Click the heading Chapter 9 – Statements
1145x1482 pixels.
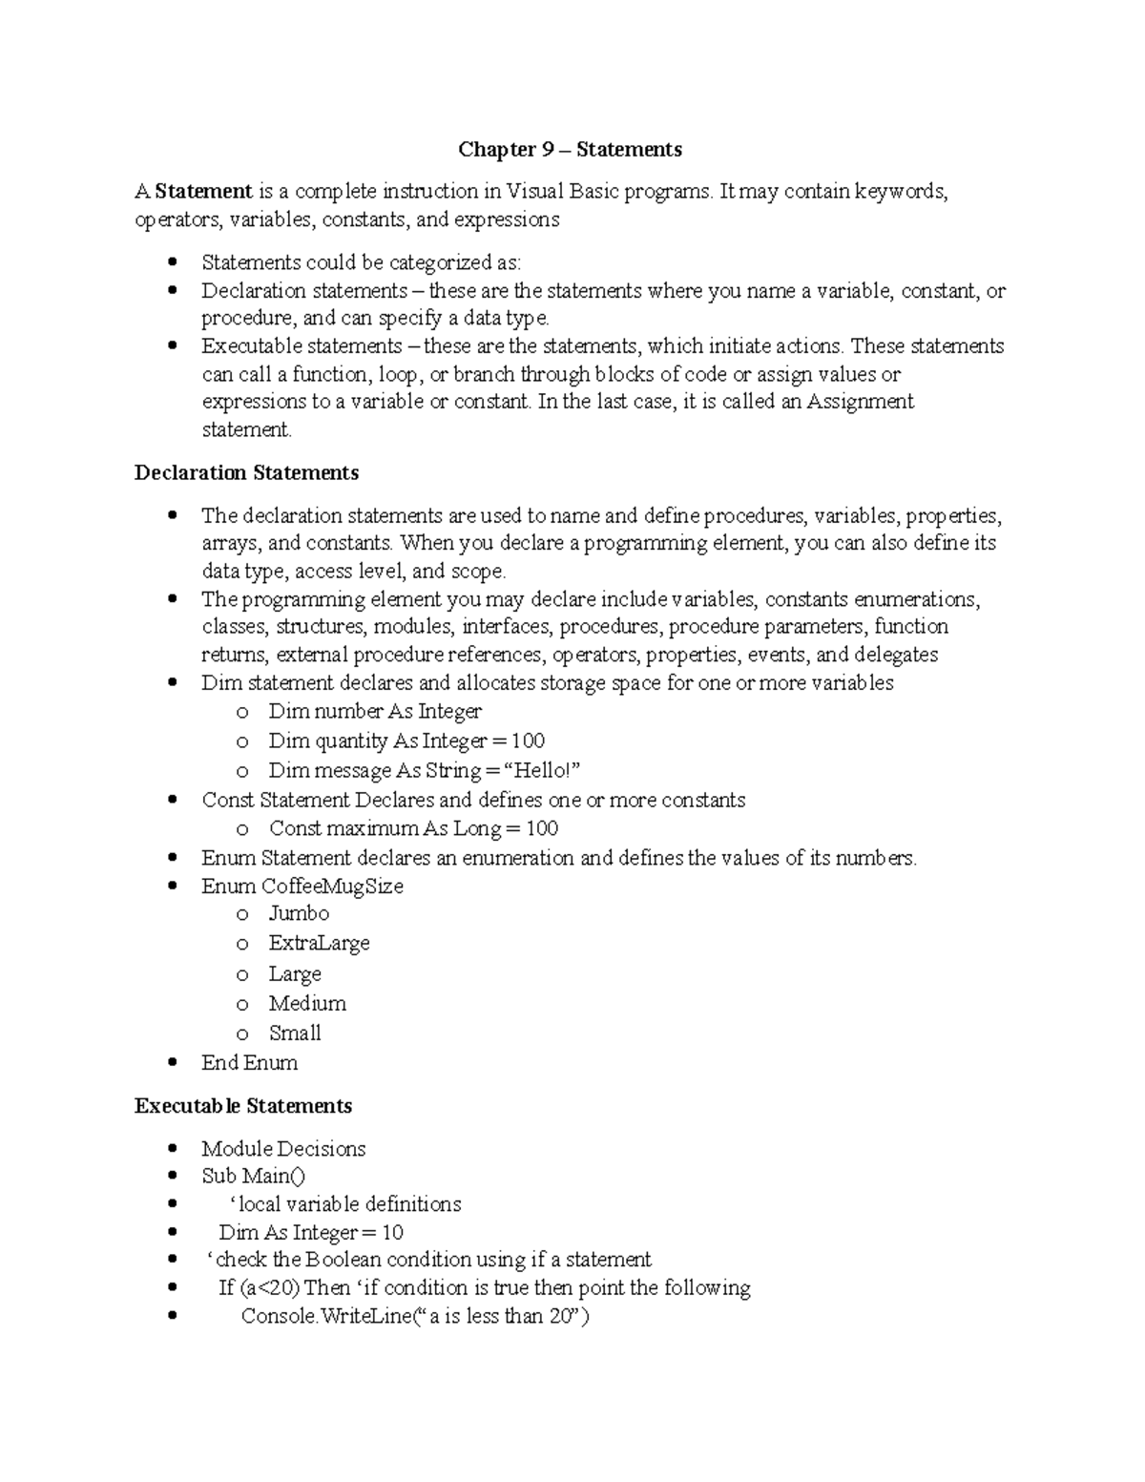pyautogui.click(x=570, y=149)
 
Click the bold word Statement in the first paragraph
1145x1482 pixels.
pyautogui.click(x=203, y=191)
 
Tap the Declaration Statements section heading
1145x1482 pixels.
pyautogui.click(x=246, y=472)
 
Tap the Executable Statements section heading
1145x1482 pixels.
pyautogui.click(x=243, y=1105)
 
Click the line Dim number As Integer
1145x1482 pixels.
pyautogui.click(x=375, y=711)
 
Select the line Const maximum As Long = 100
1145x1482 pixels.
pyautogui.click(x=413, y=828)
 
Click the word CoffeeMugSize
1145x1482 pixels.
pyautogui.click(x=332, y=886)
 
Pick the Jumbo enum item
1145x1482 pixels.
pyautogui.click(x=299, y=913)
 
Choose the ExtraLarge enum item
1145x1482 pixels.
pyautogui.click(x=319, y=943)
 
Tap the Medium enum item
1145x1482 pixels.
pyautogui.click(x=307, y=1003)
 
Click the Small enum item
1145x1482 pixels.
pyautogui.click(x=295, y=1033)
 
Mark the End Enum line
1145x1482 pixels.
pyautogui.click(x=249, y=1062)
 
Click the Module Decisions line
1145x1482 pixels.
pyautogui.click(x=283, y=1148)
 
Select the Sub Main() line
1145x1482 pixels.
pyautogui.click(x=254, y=1176)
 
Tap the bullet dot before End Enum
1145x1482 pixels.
pyautogui.click(x=172, y=1062)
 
